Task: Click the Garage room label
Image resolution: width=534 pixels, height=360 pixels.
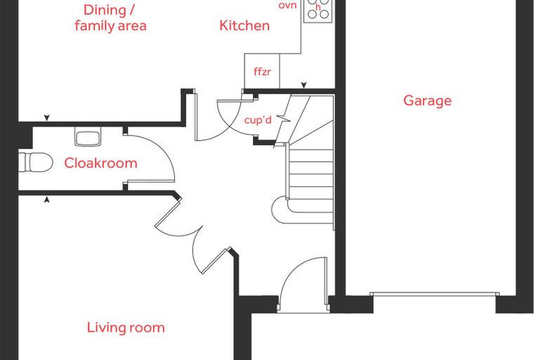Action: click(427, 101)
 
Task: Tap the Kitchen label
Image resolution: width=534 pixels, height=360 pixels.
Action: click(245, 25)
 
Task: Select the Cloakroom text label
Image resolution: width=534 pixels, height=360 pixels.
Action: click(100, 163)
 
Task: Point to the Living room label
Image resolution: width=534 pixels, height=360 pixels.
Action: click(126, 328)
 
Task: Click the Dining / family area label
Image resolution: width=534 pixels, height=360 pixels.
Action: click(111, 18)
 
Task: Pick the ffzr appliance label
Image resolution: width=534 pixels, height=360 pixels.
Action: click(262, 72)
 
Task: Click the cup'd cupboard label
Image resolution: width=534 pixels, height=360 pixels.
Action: click(258, 120)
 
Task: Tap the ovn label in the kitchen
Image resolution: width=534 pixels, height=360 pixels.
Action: click(288, 5)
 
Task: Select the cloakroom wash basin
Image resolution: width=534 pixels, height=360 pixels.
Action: click(88, 136)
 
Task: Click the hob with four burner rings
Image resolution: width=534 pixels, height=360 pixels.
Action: click(318, 11)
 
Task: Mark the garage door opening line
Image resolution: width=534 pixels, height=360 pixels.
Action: click(434, 294)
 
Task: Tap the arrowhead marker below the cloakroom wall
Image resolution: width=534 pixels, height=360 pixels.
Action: click(47, 200)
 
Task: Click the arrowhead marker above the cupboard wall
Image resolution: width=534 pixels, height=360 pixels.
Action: click(304, 85)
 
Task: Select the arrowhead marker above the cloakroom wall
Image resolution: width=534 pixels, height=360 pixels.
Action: click(47, 118)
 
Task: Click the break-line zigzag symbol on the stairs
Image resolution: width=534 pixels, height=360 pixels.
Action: click(283, 119)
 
